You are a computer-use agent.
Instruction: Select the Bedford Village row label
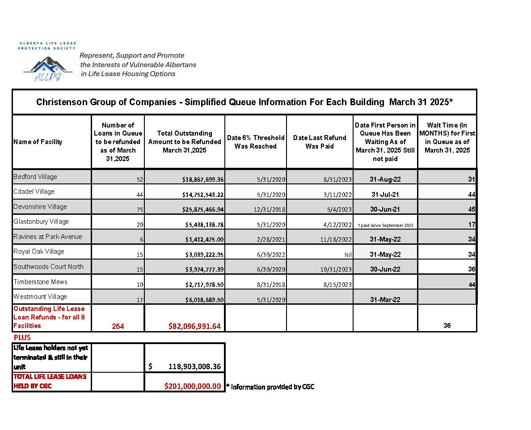click(35, 177)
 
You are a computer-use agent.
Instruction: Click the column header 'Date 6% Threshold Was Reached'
click(255, 142)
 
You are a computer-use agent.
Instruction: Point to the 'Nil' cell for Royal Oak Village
click(348, 255)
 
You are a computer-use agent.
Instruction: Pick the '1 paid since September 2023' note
click(385, 225)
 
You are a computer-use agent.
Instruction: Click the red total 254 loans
click(118, 326)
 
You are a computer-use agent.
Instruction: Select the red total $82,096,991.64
click(194, 326)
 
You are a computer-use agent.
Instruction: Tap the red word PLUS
click(22, 337)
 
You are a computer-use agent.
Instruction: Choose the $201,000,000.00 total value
click(193, 386)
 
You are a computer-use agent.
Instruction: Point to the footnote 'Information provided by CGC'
click(272, 387)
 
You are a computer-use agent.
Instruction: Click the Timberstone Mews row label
click(40, 281)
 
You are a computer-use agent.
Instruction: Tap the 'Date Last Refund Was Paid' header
click(319, 142)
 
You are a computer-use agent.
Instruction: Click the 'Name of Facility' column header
click(38, 142)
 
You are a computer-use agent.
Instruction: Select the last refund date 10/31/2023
click(336, 269)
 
